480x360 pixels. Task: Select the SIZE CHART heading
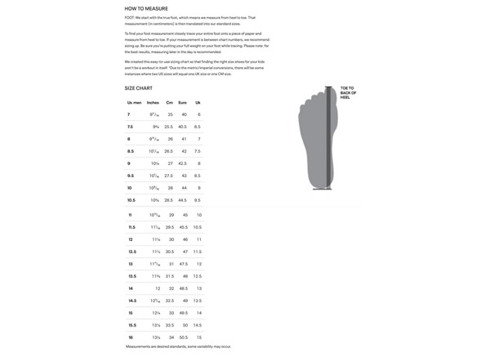[x=139, y=87]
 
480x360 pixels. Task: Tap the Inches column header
[x=153, y=102]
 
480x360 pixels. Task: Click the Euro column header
[x=183, y=102]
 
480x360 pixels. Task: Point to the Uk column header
[x=198, y=102]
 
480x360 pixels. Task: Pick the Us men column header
[x=134, y=102]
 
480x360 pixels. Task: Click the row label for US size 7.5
[x=131, y=127]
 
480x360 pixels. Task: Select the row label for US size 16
[x=130, y=336]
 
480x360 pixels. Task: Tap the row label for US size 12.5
[x=131, y=251]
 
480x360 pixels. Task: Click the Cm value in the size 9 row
[x=169, y=163]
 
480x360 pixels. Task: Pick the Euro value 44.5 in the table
[x=183, y=200]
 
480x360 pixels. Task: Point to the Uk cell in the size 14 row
[x=198, y=288]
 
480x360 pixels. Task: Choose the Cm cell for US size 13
[x=170, y=264]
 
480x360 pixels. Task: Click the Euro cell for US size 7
[x=184, y=114]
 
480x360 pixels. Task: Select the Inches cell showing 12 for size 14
[x=157, y=288]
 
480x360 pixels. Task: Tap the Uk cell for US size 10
[x=198, y=188]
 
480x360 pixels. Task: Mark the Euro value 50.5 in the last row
[x=183, y=336]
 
